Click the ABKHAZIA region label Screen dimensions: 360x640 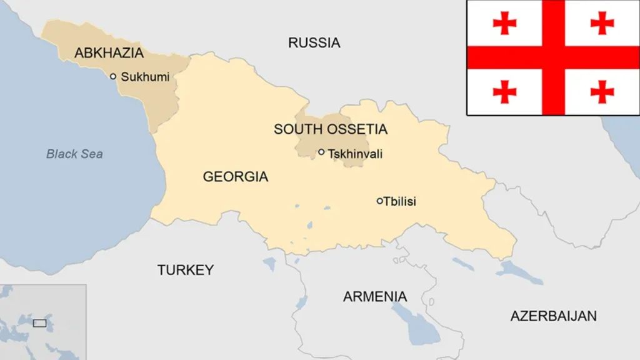(x=109, y=53)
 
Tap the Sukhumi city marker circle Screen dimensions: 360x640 (x=113, y=76)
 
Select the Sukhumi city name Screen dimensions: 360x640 (x=145, y=77)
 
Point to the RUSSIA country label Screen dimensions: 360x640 (x=314, y=42)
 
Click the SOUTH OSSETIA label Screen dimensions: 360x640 (x=330, y=129)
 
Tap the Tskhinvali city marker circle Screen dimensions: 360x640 (x=321, y=152)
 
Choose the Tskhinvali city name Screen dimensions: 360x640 (x=355, y=153)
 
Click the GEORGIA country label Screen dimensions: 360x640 (x=235, y=177)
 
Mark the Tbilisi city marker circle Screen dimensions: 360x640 (x=379, y=201)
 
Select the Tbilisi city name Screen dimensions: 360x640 (x=400, y=201)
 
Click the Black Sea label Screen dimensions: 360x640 (x=74, y=154)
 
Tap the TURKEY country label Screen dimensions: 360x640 (x=185, y=270)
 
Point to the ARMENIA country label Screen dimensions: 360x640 (x=374, y=296)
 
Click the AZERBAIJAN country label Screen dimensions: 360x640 (x=553, y=316)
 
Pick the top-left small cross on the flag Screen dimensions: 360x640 (x=504, y=23)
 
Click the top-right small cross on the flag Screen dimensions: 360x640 (x=602, y=23)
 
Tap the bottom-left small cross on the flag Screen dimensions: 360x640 (x=504, y=92)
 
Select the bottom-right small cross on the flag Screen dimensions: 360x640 (x=602, y=92)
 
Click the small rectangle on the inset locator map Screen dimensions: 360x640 (x=39, y=323)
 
